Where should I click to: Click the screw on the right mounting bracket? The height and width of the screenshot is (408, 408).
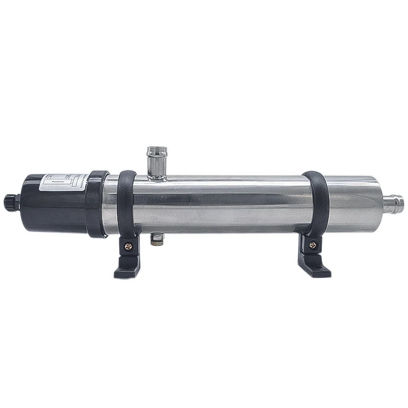point(313,245)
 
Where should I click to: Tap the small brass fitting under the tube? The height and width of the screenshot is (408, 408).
point(157,239)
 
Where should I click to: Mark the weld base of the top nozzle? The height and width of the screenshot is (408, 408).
point(157,175)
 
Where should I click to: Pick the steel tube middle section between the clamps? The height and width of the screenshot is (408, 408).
point(219,204)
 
